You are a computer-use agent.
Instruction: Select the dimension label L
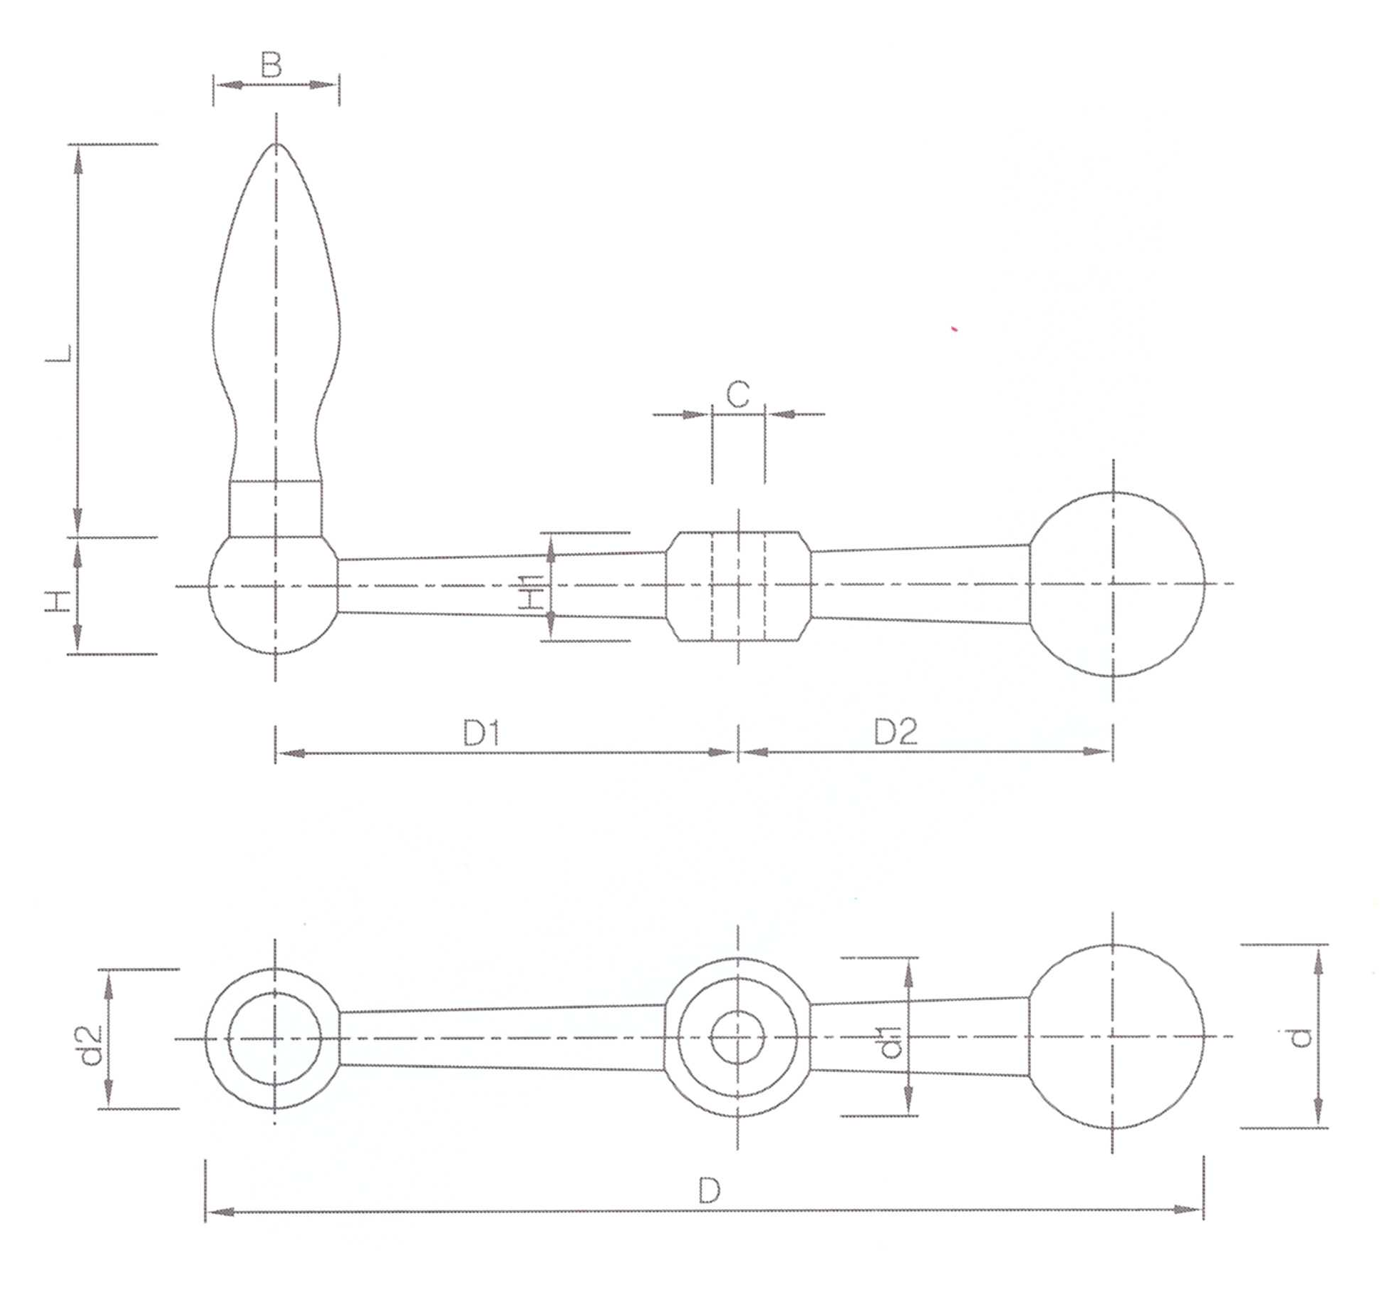(58, 354)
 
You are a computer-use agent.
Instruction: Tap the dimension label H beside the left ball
(58, 601)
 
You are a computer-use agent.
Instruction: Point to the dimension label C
(738, 394)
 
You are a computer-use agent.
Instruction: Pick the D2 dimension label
(896, 732)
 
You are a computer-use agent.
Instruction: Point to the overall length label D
(710, 1190)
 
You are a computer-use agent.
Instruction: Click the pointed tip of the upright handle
(276, 144)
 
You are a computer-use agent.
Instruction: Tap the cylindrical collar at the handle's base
(274, 509)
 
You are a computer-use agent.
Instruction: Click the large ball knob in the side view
(1114, 584)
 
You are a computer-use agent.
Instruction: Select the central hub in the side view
(738, 586)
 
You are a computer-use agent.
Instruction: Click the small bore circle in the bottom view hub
(738, 1038)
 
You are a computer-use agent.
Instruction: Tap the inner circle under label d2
(275, 1039)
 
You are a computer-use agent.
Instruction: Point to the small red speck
(954, 329)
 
